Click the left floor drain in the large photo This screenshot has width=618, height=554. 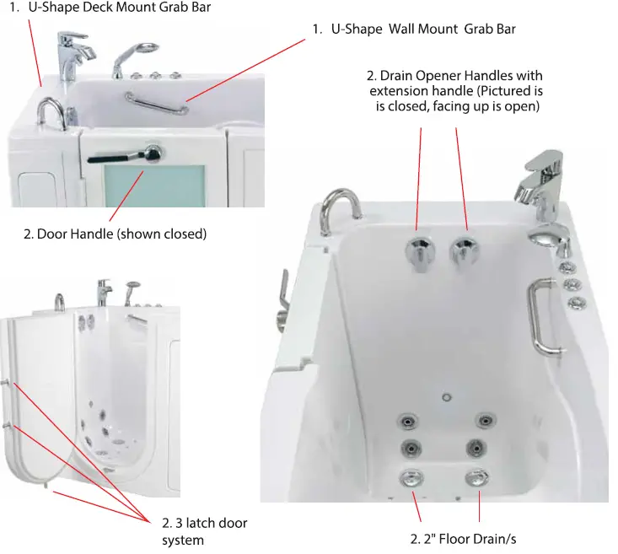(411, 476)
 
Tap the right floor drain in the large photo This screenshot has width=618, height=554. (478, 476)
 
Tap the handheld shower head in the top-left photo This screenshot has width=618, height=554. (142, 51)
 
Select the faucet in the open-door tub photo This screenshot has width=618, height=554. (104, 291)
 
